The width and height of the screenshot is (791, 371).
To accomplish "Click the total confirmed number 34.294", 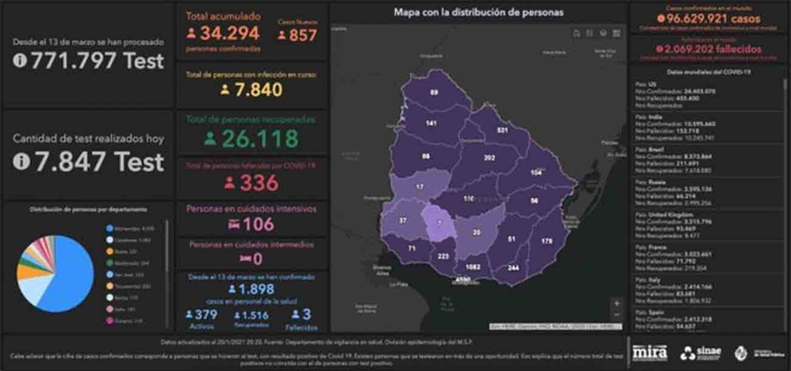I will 229,34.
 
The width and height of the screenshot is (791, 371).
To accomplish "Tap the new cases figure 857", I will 303,35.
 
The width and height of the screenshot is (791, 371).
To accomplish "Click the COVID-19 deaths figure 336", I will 258,183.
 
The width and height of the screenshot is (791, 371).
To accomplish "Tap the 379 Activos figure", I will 206,315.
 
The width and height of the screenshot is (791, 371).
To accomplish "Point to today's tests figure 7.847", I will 98,161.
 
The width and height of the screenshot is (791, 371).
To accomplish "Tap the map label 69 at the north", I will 434,92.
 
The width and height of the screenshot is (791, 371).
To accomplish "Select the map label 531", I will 503,130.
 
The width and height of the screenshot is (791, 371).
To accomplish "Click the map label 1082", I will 471,267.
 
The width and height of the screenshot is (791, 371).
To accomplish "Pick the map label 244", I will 513,268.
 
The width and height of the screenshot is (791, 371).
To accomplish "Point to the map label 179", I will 546,241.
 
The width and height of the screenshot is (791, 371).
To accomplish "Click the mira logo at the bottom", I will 649,353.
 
